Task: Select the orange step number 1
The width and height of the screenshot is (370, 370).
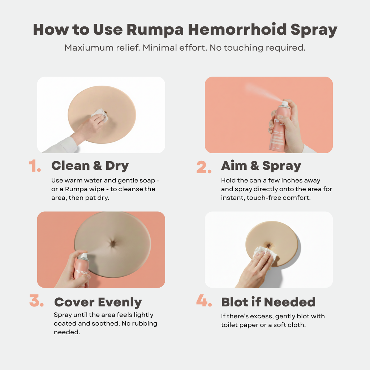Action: pyautogui.click(x=35, y=166)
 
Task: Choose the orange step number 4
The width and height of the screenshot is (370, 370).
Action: pyautogui.click(x=204, y=301)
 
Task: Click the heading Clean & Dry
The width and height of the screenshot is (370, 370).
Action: pyautogui.click(x=90, y=165)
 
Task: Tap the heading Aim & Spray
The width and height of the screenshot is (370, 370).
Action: pyautogui.click(x=261, y=165)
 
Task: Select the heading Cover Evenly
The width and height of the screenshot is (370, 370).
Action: pyautogui.click(x=98, y=302)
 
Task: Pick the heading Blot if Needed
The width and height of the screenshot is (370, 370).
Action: pyautogui.click(x=268, y=302)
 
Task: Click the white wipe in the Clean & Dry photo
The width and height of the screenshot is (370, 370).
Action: pyautogui.click(x=98, y=115)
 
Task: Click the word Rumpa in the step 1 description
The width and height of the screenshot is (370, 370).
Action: pyautogui.click(x=95, y=189)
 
